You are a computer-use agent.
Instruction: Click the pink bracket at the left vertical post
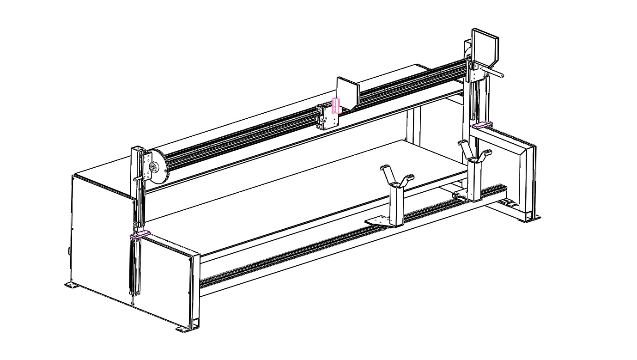pos(140,234)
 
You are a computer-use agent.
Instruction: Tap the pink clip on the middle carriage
pos(336,106)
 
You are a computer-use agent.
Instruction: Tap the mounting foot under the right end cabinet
pos(529,218)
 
